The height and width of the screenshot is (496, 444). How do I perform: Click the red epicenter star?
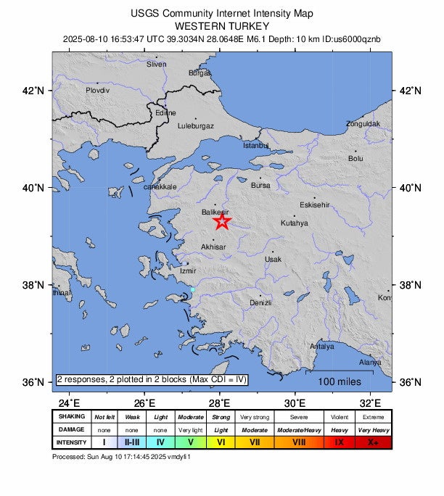(x=222, y=221)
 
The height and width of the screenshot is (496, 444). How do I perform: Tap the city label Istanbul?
(x=255, y=146)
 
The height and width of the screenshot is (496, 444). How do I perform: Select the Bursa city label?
(x=260, y=186)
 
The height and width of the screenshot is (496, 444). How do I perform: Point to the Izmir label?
(x=187, y=271)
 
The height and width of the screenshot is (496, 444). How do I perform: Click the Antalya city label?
(x=322, y=347)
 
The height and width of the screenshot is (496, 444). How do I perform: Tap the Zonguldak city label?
(x=363, y=124)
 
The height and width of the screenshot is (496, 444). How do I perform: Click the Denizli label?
(x=260, y=302)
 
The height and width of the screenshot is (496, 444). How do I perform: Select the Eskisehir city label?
(x=315, y=204)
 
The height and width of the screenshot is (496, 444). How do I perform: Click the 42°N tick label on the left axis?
(x=35, y=91)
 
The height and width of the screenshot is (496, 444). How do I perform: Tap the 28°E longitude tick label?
(x=219, y=403)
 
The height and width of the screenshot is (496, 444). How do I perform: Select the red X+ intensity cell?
(x=374, y=442)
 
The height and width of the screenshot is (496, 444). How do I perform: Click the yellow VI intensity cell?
(x=221, y=442)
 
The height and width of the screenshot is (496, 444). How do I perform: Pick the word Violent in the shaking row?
(x=339, y=417)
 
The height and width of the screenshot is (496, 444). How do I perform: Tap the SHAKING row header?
(x=72, y=417)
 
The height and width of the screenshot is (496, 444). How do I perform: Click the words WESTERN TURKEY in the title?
(x=222, y=25)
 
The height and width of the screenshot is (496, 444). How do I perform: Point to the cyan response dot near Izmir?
(x=192, y=290)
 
